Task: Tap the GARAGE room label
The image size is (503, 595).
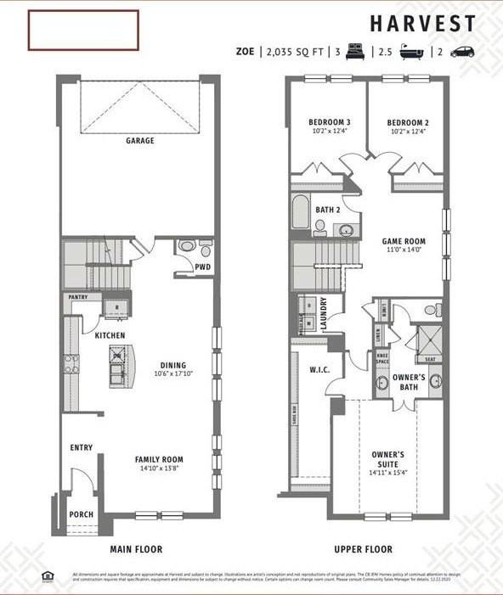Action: pos(140,141)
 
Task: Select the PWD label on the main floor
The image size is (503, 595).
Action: pos(202,267)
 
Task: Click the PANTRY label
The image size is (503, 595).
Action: pos(77,298)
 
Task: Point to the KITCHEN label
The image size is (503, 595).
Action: pos(110,335)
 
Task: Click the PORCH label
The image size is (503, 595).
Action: pos(82,514)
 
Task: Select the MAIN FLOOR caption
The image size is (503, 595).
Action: pos(136,549)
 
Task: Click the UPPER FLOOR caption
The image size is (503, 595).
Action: pos(363,549)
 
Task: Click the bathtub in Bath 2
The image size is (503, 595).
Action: pos(300,211)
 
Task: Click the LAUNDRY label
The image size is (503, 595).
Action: pos(324,312)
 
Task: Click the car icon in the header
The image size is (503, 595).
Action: pos(462,52)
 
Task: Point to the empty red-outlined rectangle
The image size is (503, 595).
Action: pos(83,30)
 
